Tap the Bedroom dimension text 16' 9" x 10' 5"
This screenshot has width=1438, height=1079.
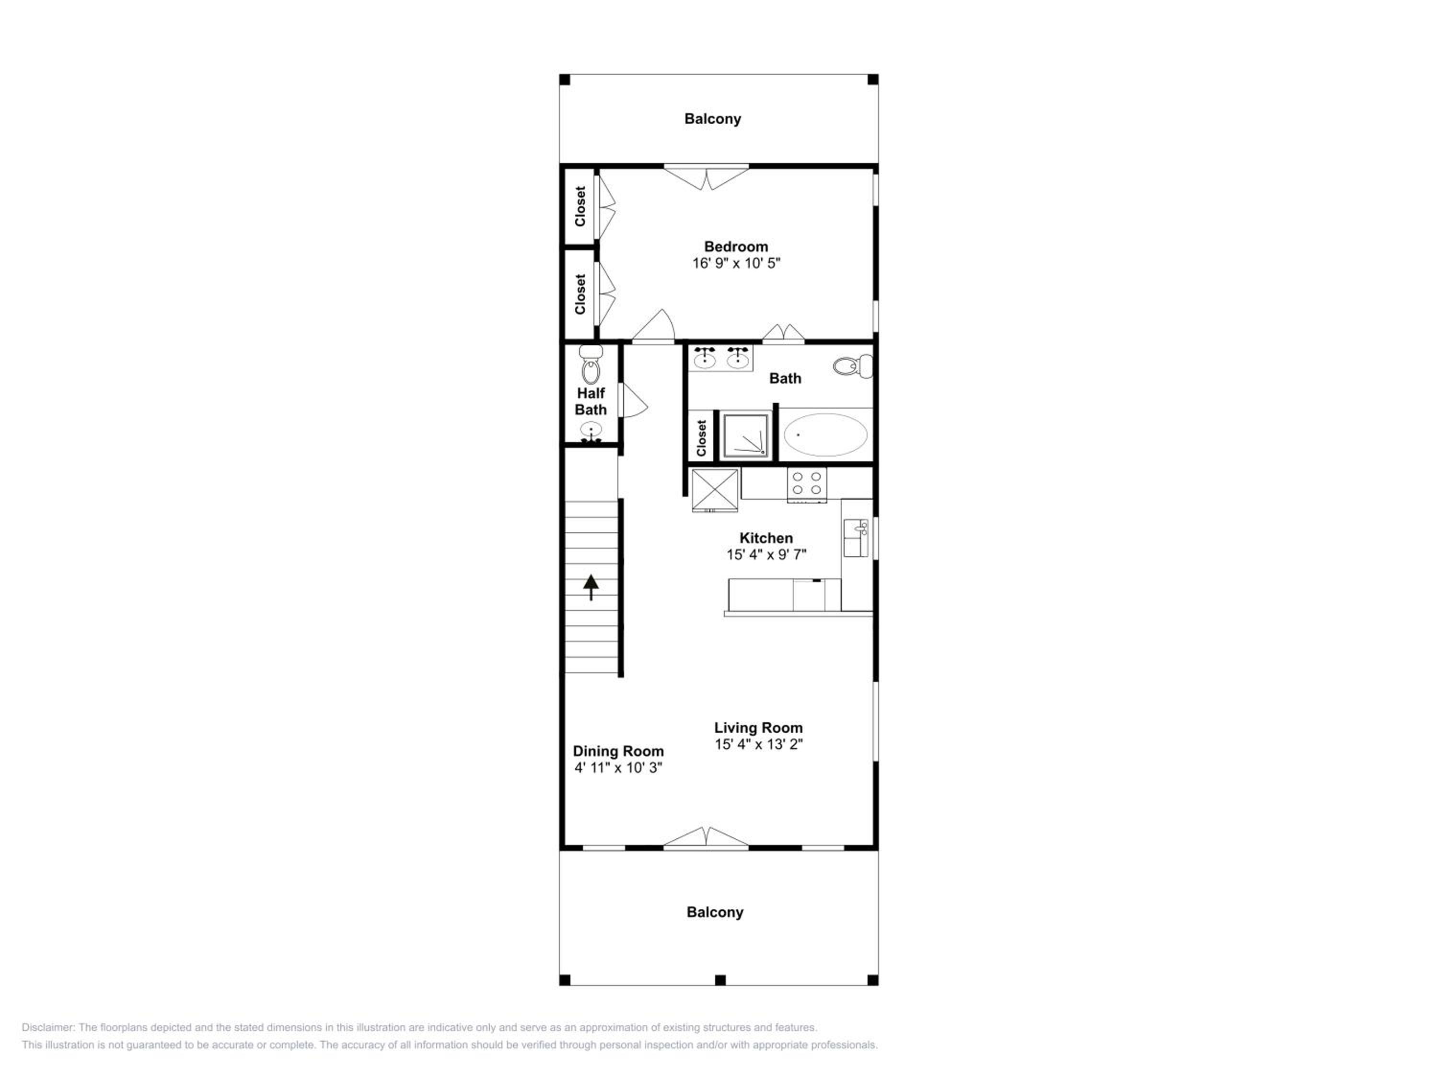736,263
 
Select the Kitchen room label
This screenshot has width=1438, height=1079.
766,538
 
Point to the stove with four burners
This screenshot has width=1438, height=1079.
807,484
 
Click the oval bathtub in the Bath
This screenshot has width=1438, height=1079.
825,434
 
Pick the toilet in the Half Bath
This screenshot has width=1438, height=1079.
591,365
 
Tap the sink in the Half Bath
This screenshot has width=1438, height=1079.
591,432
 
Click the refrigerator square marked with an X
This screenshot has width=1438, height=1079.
715,490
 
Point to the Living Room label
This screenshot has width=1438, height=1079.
758,728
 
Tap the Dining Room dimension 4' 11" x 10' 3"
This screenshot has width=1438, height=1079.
617,767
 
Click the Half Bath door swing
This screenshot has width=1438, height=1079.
634,400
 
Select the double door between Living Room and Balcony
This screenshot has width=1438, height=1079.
706,838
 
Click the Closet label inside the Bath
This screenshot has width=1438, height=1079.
701,438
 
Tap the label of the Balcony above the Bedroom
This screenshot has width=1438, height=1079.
712,119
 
